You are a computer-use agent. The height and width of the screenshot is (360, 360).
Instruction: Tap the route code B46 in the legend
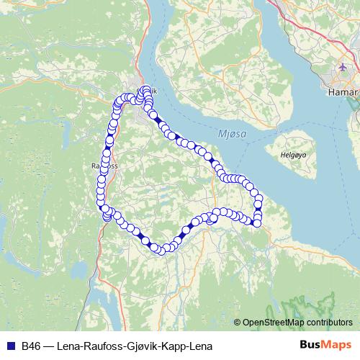coord(32,345)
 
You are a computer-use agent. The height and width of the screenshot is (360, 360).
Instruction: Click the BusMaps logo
coord(325,345)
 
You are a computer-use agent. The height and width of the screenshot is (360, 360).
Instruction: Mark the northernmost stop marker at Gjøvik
coord(146,90)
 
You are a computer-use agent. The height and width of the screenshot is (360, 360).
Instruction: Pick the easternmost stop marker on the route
coord(259,199)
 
